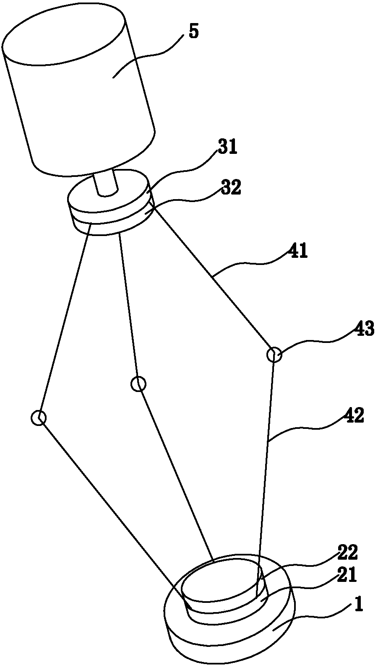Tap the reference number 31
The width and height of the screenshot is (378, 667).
pos(227,148)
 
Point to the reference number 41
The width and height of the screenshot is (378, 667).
pos(297,252)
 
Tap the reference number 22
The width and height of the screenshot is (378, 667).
pos(347,553)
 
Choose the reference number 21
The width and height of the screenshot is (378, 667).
pos(347,576)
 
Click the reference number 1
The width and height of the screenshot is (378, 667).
pos(358,605)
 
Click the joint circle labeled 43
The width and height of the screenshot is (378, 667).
pos(274,355)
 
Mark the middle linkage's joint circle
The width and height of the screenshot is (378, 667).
pos(138,384)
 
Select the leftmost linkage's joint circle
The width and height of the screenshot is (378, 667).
pos(39,418)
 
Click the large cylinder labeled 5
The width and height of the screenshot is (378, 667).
pos(80,92)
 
